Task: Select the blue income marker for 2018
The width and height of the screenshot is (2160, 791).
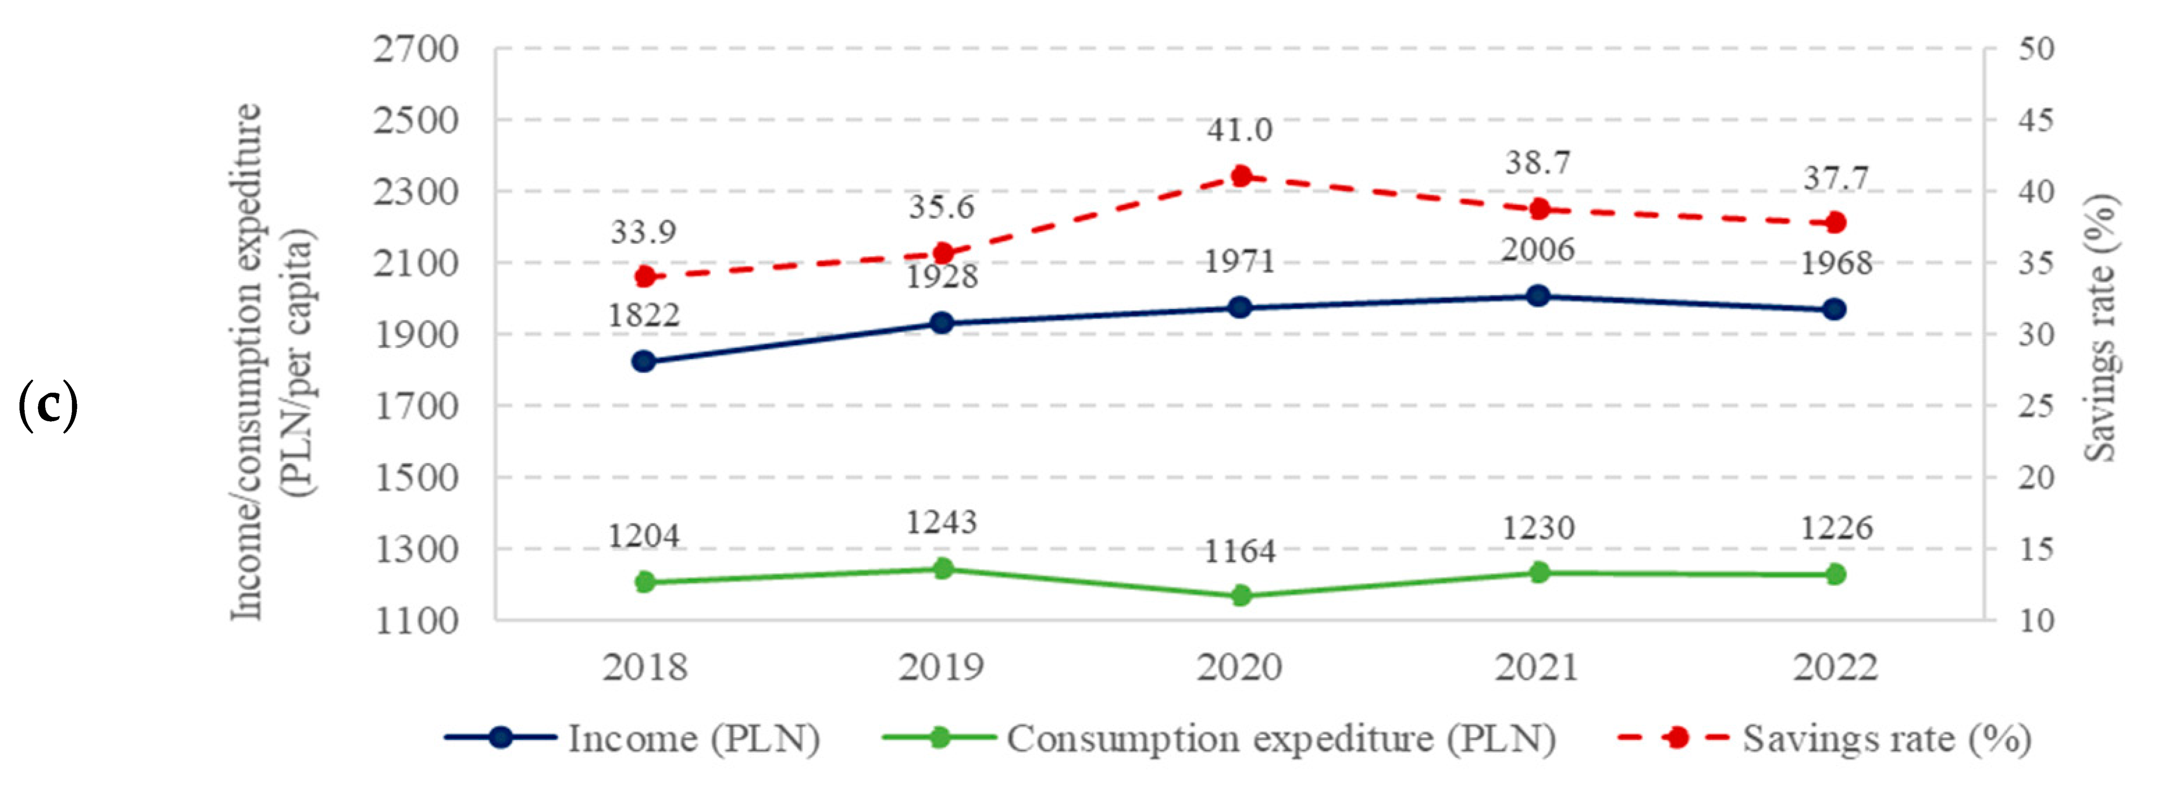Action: click(644, 361)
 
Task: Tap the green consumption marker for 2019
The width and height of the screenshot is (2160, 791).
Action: click(942, 569)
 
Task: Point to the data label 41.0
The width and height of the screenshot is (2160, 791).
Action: click(1239, 130)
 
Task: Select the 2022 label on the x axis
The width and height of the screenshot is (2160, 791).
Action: click(1835, 668)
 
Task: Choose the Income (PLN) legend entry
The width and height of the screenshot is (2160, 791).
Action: click(633, 738)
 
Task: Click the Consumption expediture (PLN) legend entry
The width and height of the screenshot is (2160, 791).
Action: click(1220, 738)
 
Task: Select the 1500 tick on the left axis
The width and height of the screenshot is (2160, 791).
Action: click(416, 478)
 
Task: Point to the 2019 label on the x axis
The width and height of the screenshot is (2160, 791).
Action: click(941, 668)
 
